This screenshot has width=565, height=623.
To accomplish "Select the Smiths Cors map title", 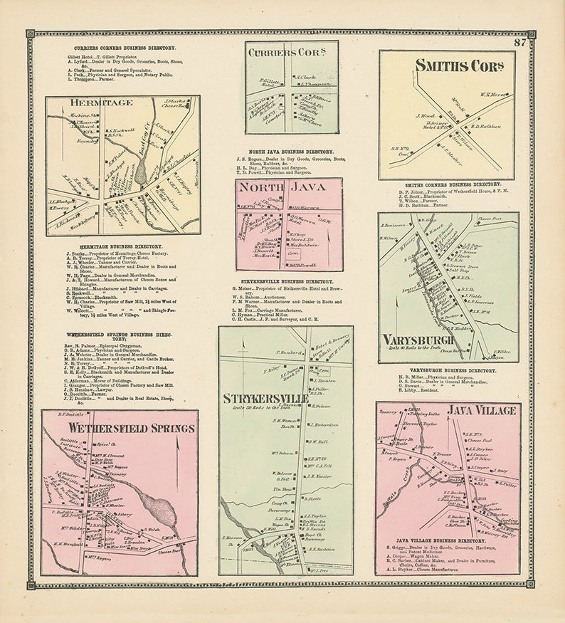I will (x=450, y=66).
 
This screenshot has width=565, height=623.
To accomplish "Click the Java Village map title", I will (x=483, y=411).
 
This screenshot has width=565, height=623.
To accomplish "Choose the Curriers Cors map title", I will (x=291, y=52).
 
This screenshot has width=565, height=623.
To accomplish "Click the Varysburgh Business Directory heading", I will (x=448, y=370).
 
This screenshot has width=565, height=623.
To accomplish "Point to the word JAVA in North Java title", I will (x=314, y=187).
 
